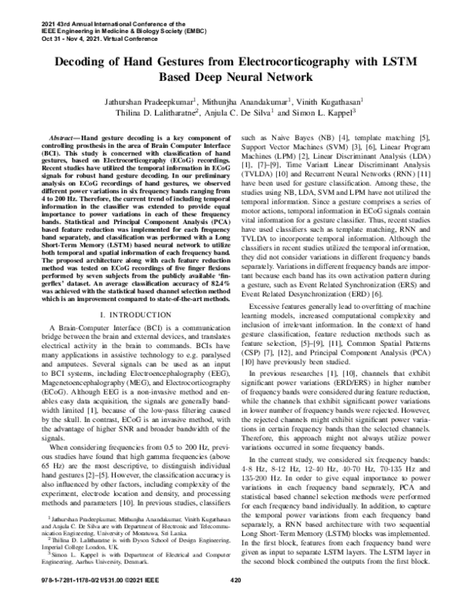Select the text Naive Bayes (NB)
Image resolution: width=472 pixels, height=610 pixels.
pyautogui.click(x=298, y=137)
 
